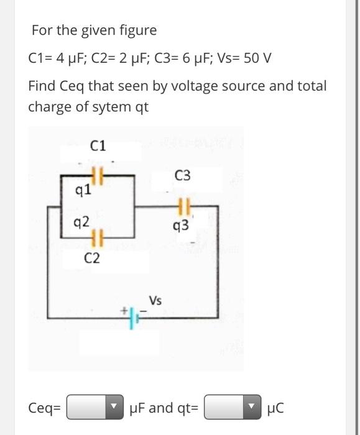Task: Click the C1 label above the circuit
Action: (98, 146)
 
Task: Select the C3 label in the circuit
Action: (183, 176)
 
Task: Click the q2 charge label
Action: (81, 222)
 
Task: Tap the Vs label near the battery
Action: (155, 301)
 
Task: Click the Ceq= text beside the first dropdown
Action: (45, 408)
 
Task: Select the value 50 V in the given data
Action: (257, 58)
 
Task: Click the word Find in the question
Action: (43, 86)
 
